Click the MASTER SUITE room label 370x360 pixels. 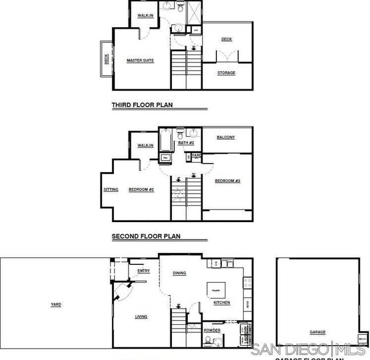[140, 60]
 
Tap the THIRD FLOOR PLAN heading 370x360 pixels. [142, 105]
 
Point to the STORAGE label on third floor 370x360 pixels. [226, 73]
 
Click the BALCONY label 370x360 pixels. [226, 137]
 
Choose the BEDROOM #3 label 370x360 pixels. [227, 181]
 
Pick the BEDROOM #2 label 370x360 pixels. [142, 190]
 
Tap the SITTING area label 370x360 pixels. [111, 190]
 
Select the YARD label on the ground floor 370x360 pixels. [56, 305]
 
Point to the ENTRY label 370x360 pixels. [144, 271]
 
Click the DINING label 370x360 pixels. [179, 273]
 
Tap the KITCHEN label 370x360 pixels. [221, 302]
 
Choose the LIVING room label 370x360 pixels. [141, 317]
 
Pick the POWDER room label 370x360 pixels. [212, 330]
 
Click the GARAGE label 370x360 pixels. [318, 332]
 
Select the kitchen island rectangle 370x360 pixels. [216, 289]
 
